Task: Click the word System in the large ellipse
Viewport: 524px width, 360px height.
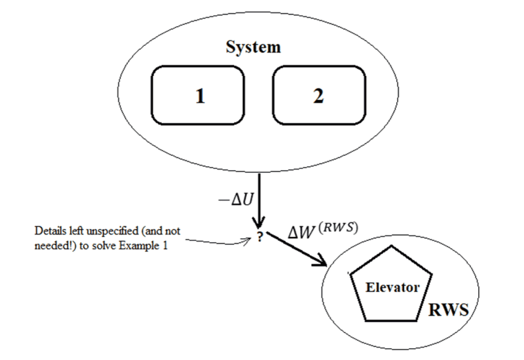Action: click(253, 47)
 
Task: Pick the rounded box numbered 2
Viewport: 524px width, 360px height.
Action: click(318, 96)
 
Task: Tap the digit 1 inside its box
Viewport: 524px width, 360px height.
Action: click(200, 96)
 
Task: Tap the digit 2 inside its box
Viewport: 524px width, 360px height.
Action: click(318, 96)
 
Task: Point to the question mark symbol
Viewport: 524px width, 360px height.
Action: click(260, 238)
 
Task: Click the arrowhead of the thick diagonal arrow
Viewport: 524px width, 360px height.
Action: click(322, 262)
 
